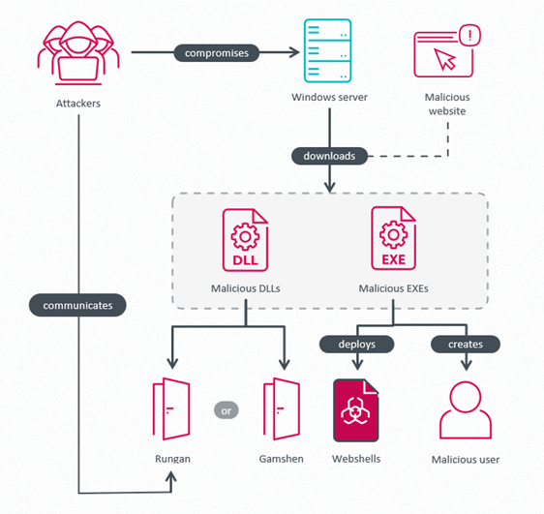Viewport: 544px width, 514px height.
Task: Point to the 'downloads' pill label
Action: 330,155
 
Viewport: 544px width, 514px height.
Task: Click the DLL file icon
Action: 246,240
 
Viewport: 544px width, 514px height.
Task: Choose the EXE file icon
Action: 394,240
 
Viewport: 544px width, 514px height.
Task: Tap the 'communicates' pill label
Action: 77,305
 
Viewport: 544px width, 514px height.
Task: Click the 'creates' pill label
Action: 466,344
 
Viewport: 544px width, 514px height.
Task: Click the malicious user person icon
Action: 466,410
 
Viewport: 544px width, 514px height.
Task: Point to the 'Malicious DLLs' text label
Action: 246,287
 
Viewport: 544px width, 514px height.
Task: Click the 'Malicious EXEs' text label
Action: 394,287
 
